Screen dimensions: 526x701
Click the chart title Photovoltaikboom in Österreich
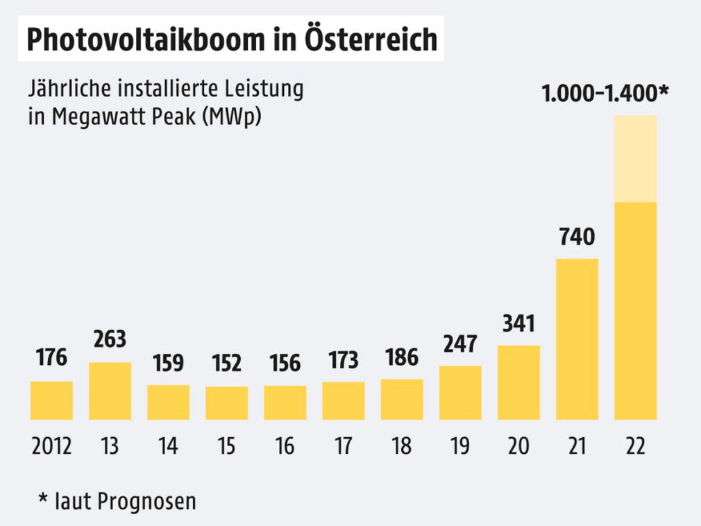click(x=232, y=40)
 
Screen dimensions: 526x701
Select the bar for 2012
click(x=51, y=400)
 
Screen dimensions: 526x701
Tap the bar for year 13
click(x=110, y=391)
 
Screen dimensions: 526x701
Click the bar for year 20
click(x=518, y=382)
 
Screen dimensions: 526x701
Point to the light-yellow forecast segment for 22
click(x=636, y=158)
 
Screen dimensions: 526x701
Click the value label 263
click(x=110, y=339)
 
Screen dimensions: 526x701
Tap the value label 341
click(x=518, y=323)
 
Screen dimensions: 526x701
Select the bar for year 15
click(x=227, y=403)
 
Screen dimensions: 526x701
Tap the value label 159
click(x=168, y=363)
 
